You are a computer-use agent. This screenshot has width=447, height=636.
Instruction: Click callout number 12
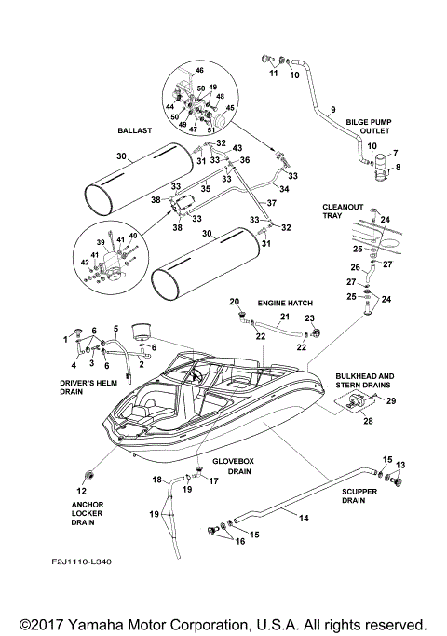[x=81, y=491]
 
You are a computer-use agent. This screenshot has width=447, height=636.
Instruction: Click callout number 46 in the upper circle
[x=197, y=70]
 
